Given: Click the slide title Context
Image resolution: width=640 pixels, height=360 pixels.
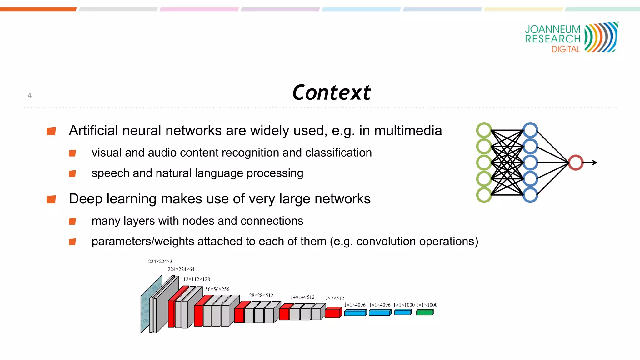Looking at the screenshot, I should point(331,93).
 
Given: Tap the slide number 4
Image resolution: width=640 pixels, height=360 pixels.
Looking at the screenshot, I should point(30,95).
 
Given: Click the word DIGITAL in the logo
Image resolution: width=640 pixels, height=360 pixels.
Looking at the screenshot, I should point(566,49).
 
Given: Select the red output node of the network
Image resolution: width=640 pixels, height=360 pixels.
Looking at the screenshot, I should point(576,162).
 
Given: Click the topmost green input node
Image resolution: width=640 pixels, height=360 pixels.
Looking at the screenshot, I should point(484,130).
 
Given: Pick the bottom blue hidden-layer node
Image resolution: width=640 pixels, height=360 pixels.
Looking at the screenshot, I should point(530,195).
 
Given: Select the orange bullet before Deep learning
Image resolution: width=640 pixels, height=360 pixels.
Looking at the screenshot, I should point(51,199).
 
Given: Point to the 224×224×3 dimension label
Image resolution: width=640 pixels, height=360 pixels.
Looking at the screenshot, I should point(160,262).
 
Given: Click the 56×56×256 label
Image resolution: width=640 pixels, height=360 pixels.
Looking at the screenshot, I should point(217,289).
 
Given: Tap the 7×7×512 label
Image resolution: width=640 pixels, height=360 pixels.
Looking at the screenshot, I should point(334,298).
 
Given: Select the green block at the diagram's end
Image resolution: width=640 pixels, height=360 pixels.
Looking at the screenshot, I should point(424,312).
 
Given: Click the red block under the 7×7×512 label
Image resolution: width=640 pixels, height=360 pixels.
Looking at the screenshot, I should point(333,313).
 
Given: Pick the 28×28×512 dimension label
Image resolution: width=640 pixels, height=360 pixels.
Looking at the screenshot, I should point(261,295).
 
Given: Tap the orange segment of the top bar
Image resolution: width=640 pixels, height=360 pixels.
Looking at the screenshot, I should point(38,9).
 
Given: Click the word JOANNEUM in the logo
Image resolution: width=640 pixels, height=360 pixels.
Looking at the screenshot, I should point(552,29).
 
